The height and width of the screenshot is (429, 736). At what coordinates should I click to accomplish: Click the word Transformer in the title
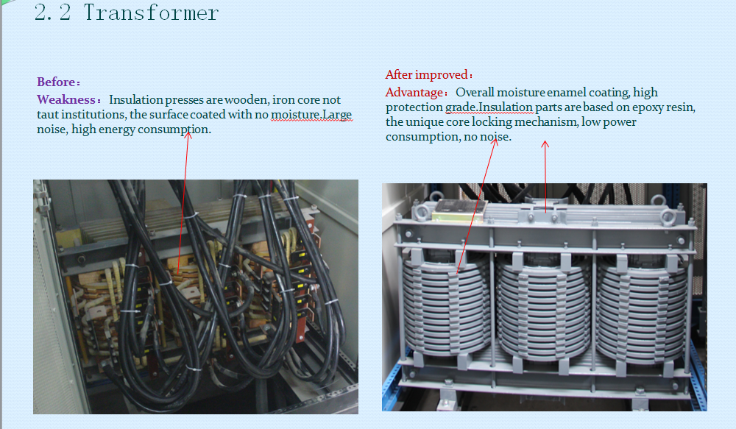click(151, 13)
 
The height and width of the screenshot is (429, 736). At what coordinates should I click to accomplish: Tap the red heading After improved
click(426, 74)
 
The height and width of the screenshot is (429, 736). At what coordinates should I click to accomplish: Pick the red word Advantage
click(414, 93)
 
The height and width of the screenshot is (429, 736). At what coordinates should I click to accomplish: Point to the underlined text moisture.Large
click(311, 115)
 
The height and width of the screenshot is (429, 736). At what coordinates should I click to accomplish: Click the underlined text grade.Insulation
click(489, 107)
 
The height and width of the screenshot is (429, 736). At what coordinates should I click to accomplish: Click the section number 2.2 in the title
click(52, 13)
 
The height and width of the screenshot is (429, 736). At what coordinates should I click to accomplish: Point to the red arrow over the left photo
click(183, 203)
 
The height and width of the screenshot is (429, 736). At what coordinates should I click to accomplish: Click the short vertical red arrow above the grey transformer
click(545, 177)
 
